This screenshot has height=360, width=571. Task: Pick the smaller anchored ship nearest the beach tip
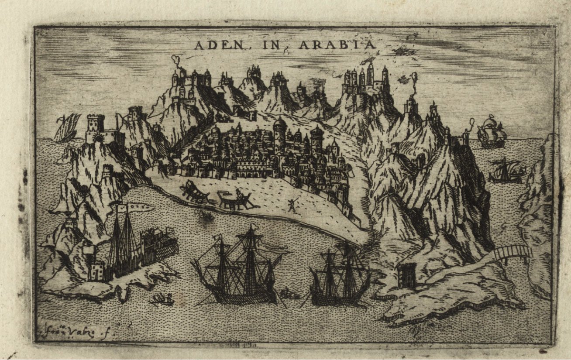pyautogui.click(x=340, y=277)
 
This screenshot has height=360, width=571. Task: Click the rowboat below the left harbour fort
pyautogui.click(x=162, y=298)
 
